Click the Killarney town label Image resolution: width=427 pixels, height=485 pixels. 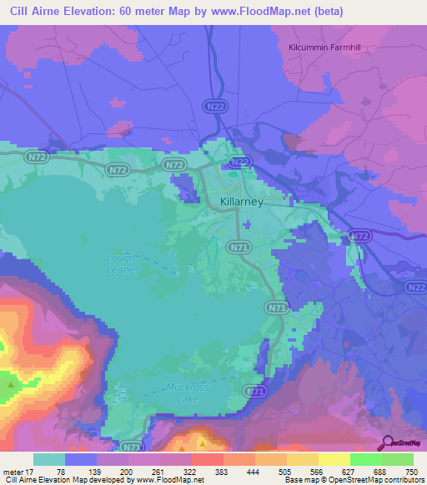241,202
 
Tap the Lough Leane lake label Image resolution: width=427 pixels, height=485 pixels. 121,263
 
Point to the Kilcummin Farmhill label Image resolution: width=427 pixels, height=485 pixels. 327,47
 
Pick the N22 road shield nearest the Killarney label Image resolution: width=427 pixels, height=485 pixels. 239,162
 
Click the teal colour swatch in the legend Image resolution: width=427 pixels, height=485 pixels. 49,459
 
